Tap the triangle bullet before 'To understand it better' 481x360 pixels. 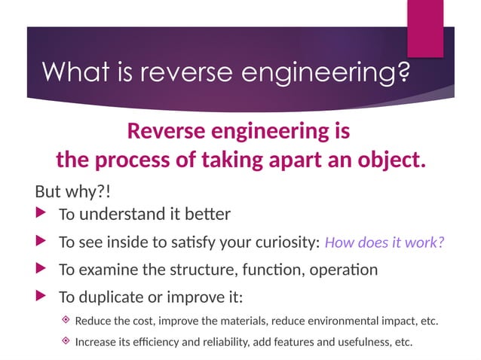[x=41, y=214]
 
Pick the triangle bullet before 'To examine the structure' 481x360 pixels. [x=41, y=268]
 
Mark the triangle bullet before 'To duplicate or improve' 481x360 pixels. [x=41, y=295]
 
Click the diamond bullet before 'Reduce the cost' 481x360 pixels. [x=66, y=320]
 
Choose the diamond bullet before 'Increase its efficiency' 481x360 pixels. [x=66, y=341]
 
